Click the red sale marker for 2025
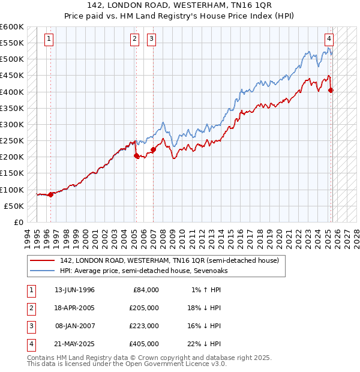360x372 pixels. (x=331, y=91)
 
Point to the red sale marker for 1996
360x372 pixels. (x=50, y=194)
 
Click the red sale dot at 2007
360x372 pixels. (x=153, y=149)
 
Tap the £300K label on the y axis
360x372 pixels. (x=12, y=124)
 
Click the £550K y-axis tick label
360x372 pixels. (x=12, y=43)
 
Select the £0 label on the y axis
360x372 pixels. (x=18, y=222)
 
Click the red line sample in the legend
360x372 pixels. (x=43, y=261)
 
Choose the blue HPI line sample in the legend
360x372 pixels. (x=43, y=271)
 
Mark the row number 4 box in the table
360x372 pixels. (x=31, y=344)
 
